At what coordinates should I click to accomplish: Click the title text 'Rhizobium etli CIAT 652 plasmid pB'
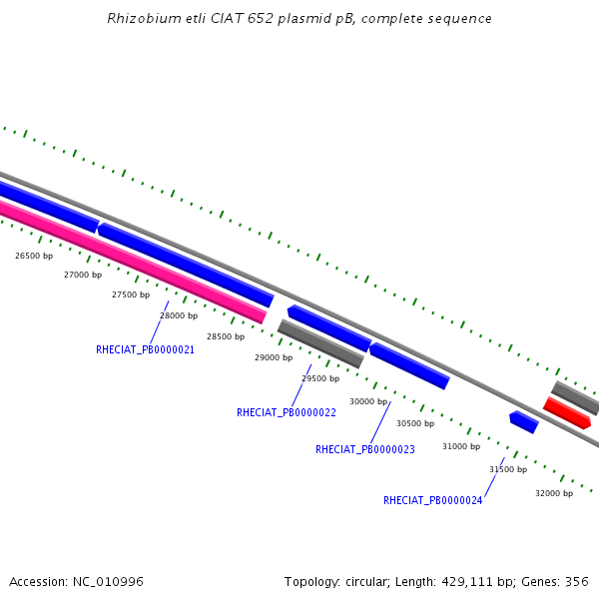pos(299,19)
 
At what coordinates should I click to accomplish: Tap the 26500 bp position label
pos(34,257)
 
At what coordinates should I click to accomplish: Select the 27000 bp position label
pos(83,275)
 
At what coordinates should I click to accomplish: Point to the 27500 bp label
pos(131,295)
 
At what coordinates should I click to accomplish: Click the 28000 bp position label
pos(179,315)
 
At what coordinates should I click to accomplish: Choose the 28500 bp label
pos(226,336)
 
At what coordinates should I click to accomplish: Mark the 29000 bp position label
pos(274,357)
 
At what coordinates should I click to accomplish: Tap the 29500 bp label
pos(320,378)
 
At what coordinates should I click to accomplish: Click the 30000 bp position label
pos(368,401)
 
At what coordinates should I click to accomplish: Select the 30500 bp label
pos(415,423)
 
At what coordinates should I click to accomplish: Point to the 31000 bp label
pos(461,446)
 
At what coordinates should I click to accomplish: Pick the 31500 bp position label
pos(508,469)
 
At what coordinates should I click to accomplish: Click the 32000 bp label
pos(554,493)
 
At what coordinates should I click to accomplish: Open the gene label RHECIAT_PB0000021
pos(145,350)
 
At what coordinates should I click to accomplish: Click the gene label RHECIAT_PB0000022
pos(286,412)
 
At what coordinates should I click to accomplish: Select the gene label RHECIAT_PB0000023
pos(364,450)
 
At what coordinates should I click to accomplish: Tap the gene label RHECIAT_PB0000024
pos(432,501)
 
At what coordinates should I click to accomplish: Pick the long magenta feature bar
pos(130,261)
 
